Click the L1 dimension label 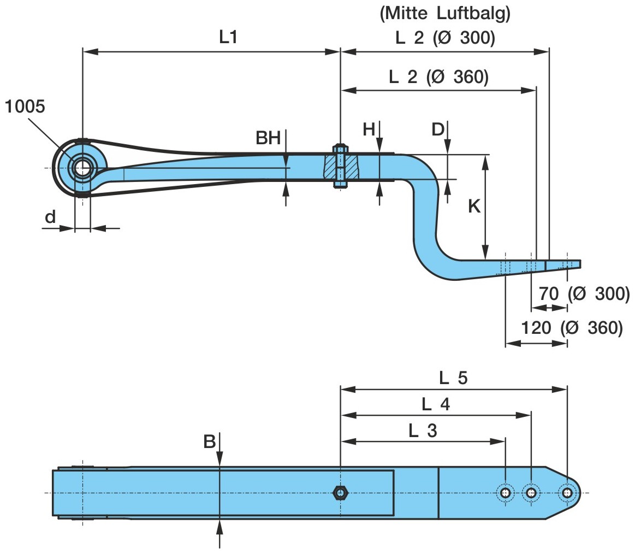(229, 37)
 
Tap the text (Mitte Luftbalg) (445, 15)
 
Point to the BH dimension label (268, 138)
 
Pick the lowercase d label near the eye (50, 217)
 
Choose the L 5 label (453, 378)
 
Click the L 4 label (435, 404)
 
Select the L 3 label (423, 431)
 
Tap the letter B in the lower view (210, 441)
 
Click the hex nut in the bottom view (340, 493)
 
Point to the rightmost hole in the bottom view (567, 493)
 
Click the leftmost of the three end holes (505, 493)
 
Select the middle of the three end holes (531, 493)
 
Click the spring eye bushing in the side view (82, 168)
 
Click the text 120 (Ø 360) (571, 328)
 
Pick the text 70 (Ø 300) (584, 294)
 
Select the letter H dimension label (370, 129)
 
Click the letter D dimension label (438, 129)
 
